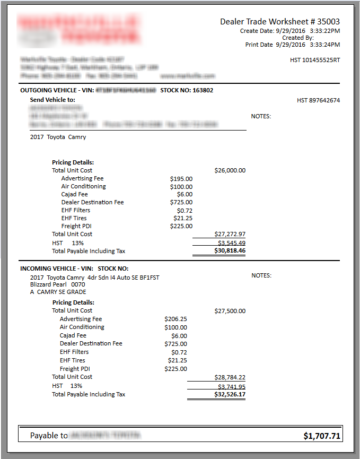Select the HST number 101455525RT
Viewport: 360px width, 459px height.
coord(315,60)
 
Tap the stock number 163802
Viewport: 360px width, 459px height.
coord(203,90)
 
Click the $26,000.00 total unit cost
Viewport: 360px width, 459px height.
coord(230,170)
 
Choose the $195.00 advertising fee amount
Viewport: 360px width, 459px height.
coord(181,178)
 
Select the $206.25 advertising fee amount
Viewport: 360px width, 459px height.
coord(175,319)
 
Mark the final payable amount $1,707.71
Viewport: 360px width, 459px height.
coord(322,436)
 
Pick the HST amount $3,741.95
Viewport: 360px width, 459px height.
coord(230,386)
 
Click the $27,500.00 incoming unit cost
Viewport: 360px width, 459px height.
coord(230,311)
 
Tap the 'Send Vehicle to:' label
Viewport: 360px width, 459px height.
coord(52,100)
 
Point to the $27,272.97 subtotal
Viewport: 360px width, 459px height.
coord(230,234)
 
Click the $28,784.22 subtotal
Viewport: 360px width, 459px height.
coord(230,377)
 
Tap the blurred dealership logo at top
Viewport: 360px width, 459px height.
coord(80,29)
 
